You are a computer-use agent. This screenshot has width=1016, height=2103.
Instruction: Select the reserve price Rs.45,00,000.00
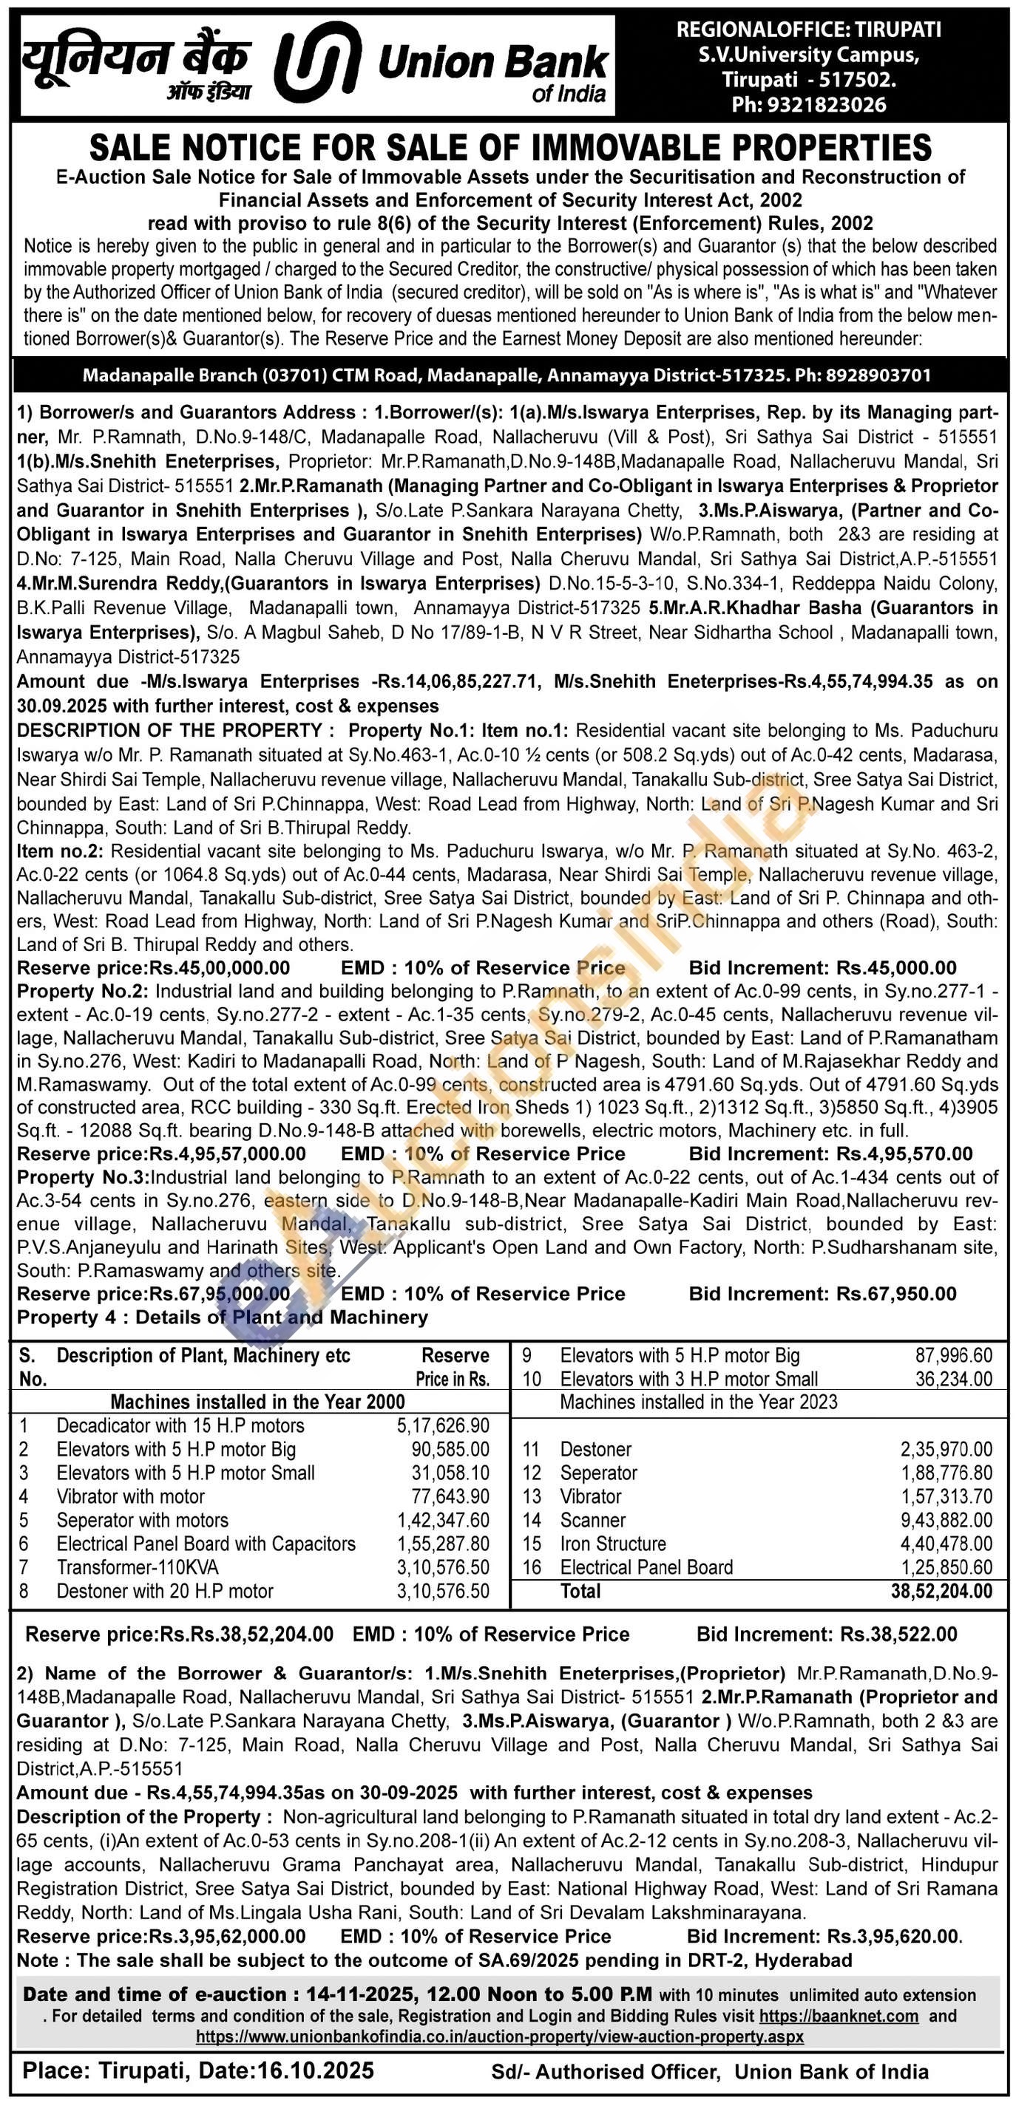pos(219,968)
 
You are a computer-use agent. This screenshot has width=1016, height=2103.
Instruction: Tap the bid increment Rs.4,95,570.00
pos(905,1153)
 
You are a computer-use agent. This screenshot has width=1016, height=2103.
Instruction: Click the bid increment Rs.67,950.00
pos(897,1293)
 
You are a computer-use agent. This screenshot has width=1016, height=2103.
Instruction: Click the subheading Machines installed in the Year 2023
pos(698,1402)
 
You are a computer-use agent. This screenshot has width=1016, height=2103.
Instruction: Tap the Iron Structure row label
pos(612,1544)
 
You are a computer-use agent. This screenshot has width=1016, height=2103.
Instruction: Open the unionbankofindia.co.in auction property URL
pos(499,2037)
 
